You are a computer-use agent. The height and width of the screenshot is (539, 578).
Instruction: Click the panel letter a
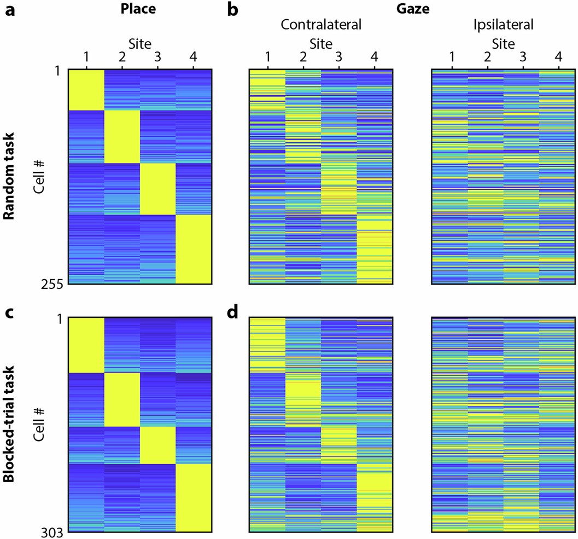coord(9,10)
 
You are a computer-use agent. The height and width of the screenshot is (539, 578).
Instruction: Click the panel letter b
coord(233,10)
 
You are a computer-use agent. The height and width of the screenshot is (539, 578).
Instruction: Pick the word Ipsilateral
coord(503,25)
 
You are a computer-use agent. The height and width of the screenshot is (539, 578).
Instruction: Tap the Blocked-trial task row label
coord(9,424)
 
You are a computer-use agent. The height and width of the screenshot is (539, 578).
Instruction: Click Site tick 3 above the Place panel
coord(157,56)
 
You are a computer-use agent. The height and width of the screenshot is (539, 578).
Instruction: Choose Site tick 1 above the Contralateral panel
coord(267,56)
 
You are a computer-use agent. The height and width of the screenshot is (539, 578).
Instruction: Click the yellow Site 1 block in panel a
coord(85,90)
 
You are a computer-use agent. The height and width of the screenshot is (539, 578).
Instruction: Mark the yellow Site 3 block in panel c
coord(157,444)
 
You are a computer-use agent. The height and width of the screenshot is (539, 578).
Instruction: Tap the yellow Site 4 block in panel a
coord(192,249)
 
